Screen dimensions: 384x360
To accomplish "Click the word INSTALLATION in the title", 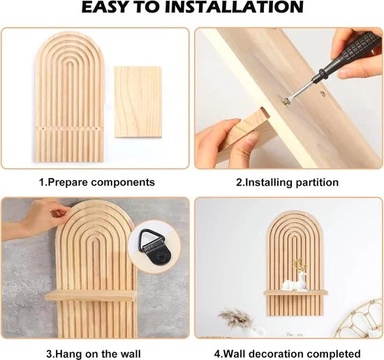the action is tap(234, 8).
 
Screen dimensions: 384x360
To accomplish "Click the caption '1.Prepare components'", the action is tap(97, 182).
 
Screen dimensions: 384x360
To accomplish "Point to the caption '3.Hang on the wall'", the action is tap(94, 354).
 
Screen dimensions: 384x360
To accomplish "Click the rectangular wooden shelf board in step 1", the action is tap(138, 102).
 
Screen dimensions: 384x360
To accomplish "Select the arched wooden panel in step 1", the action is tap(70, 97).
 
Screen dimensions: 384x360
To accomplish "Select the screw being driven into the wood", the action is tap(286, 101).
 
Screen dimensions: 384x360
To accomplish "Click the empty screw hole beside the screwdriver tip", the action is tap(323, 93).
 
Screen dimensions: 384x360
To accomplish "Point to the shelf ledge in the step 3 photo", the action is tap(90, 296).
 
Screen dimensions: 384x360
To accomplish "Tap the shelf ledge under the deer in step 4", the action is tap(295, 293).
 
